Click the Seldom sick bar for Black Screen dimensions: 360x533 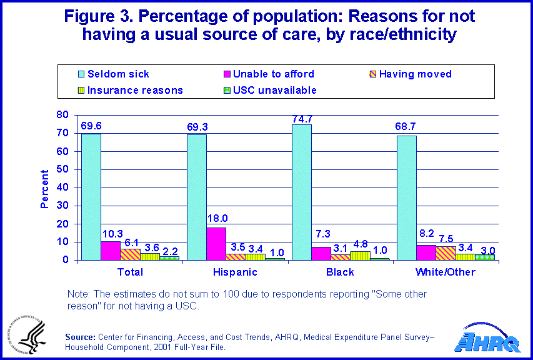(x=302, y=192)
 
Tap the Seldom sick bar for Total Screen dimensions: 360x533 (x=91, y=196)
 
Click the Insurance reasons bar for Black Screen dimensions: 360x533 (x=341, y=256)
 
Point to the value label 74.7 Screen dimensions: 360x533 (x=302, y=118)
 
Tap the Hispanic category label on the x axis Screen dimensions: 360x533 (x=235, y=272)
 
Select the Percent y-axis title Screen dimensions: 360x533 (x=44, y=189)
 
